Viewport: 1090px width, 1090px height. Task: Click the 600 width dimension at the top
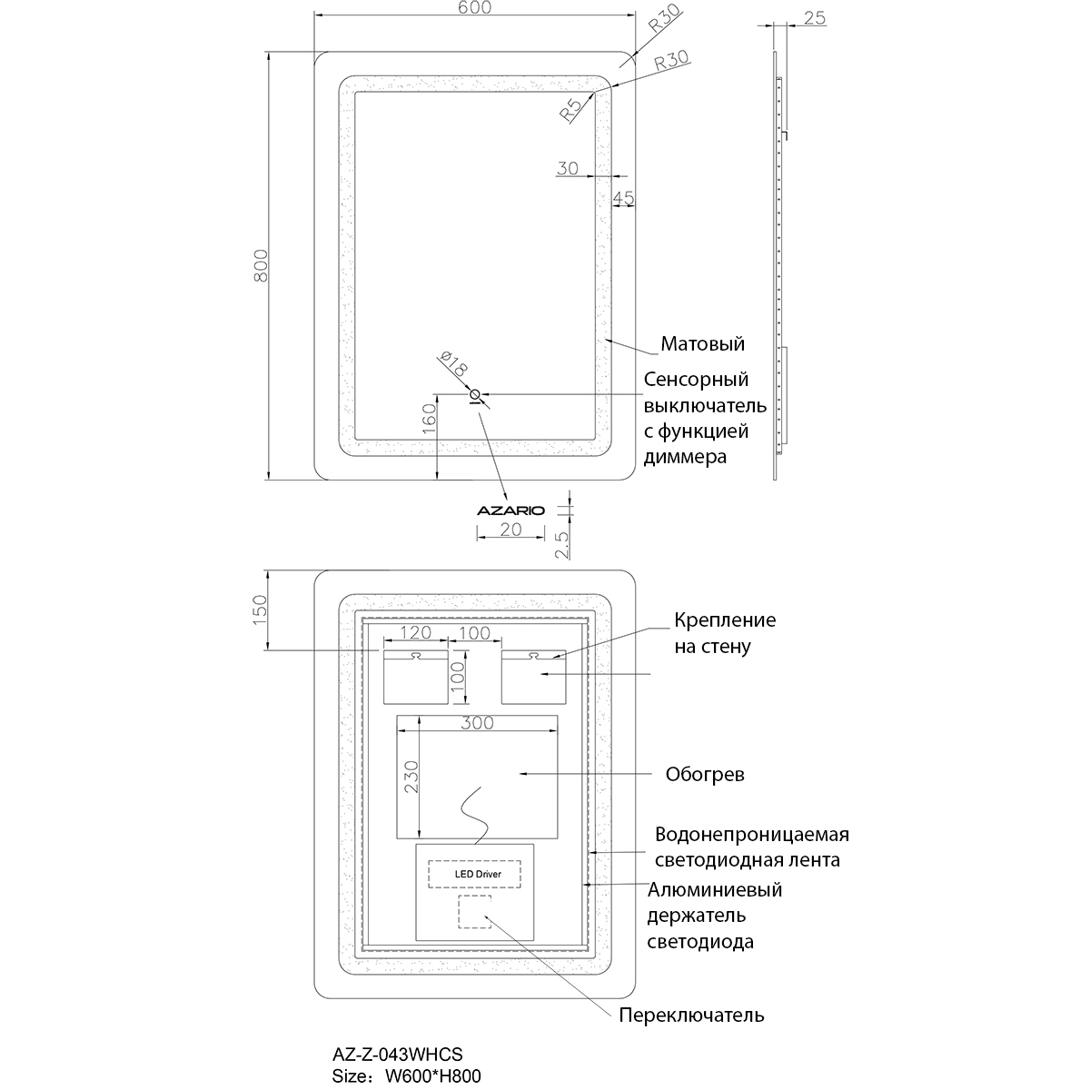click(474, 8)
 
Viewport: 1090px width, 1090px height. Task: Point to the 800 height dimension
click(260, 265)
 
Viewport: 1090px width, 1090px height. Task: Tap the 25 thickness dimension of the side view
click(815, 18)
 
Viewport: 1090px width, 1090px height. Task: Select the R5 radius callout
click(570, 110)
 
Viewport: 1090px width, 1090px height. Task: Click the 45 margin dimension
click(623, 198)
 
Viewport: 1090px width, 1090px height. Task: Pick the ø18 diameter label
click(453, 363)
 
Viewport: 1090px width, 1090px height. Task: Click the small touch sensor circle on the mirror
click(474, 394)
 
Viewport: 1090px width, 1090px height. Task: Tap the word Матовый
click(702, 343)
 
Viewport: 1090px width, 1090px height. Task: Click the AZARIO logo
click(510, 510)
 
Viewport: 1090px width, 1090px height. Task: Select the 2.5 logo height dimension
click(561, 545)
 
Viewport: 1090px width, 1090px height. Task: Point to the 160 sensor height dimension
click(430, 419)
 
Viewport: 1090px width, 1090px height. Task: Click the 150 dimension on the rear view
click(260, 609)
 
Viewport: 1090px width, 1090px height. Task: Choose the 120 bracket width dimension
click(416, 632)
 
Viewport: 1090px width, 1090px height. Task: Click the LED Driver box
click(474, 874)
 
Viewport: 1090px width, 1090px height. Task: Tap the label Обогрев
click(705, 775)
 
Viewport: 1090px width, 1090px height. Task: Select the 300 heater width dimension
click(477, 723)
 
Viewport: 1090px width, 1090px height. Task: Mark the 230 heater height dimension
click(411, 777)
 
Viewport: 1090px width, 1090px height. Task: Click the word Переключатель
click(691, 1016)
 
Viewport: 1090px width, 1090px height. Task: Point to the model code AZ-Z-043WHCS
click(397, 1055)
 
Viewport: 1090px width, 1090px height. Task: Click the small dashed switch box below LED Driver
click(474, 912)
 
